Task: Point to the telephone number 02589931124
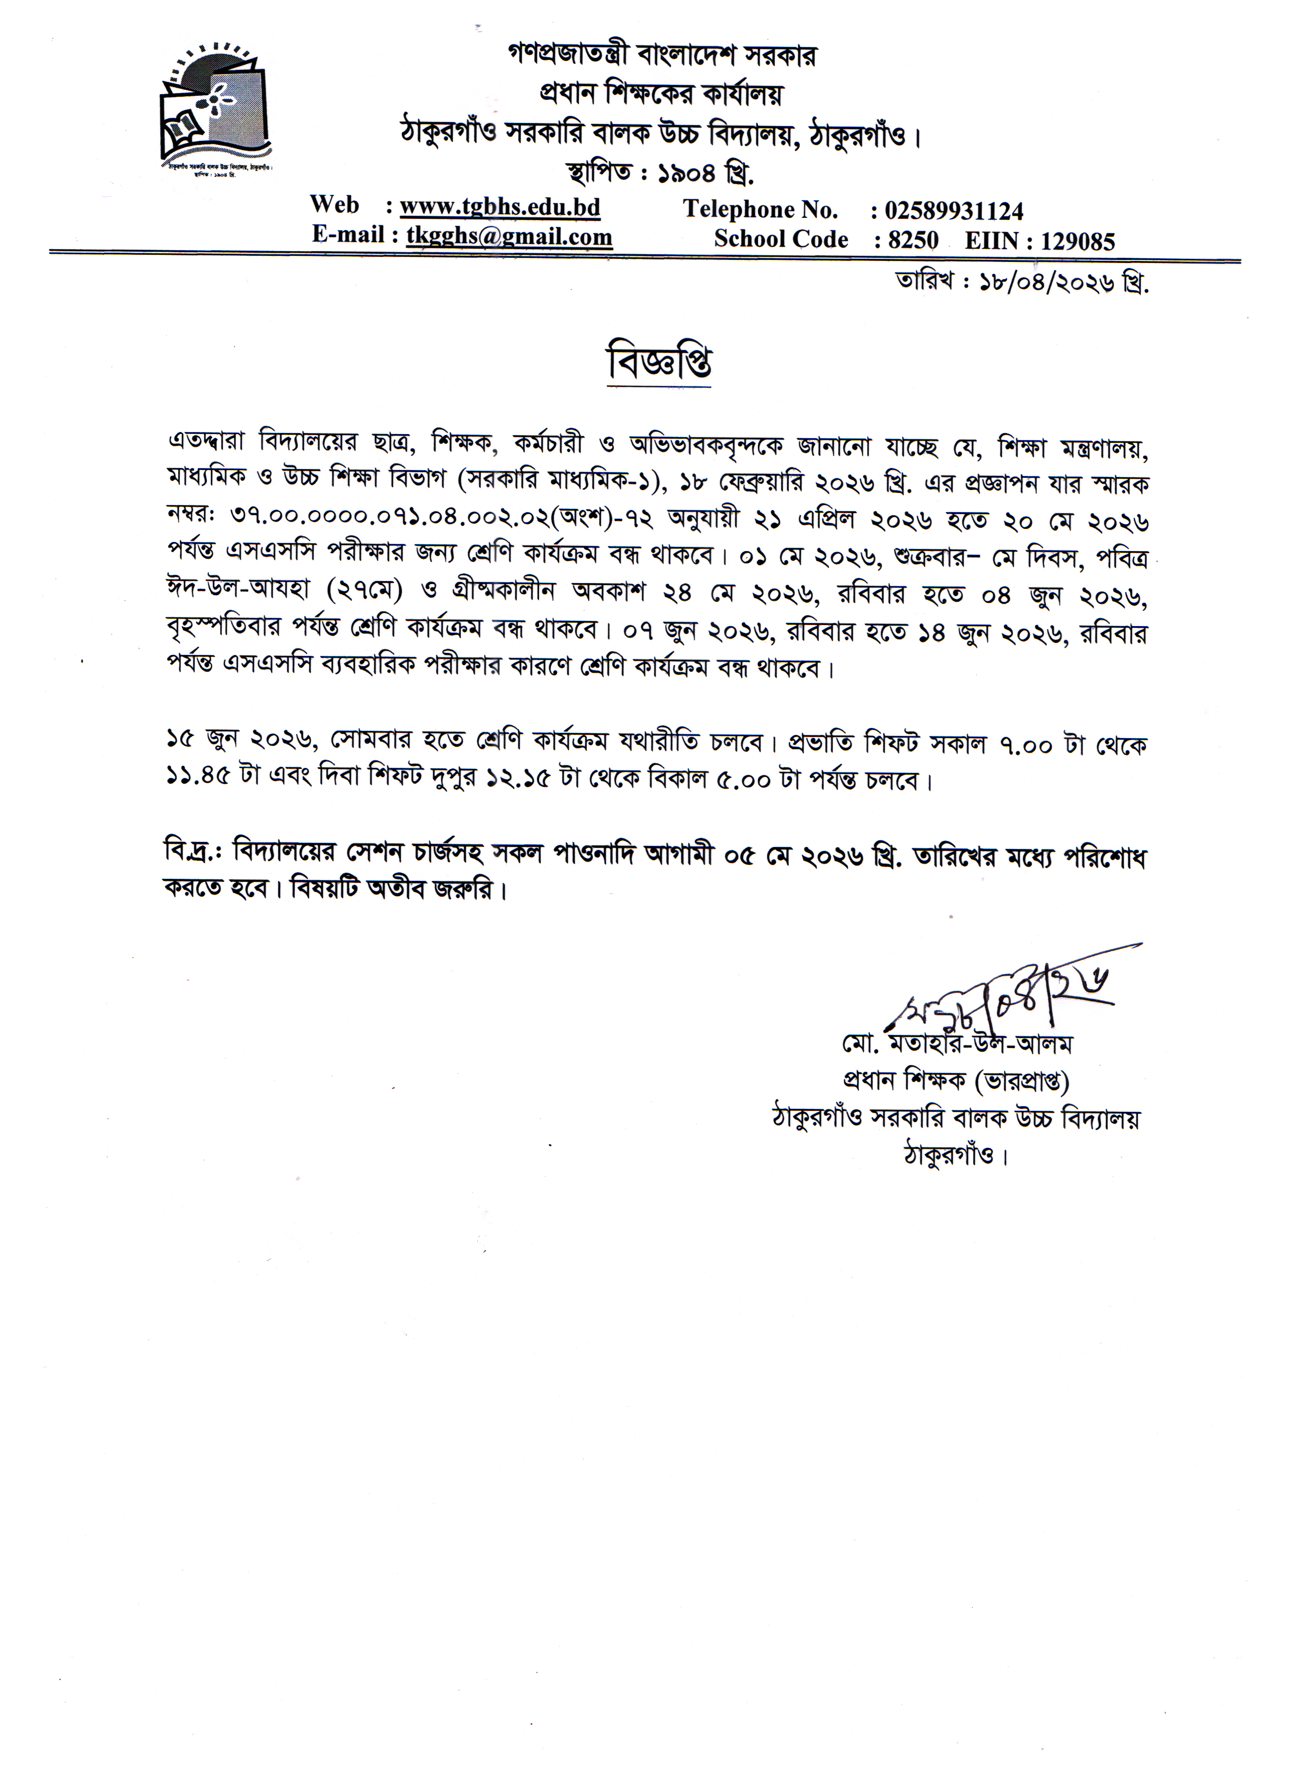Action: [x=954, y=211]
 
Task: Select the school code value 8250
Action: [x=914, y=240]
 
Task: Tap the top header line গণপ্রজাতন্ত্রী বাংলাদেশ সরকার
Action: [x=660, y=56]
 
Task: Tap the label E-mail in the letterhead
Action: [x=347, y=235]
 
